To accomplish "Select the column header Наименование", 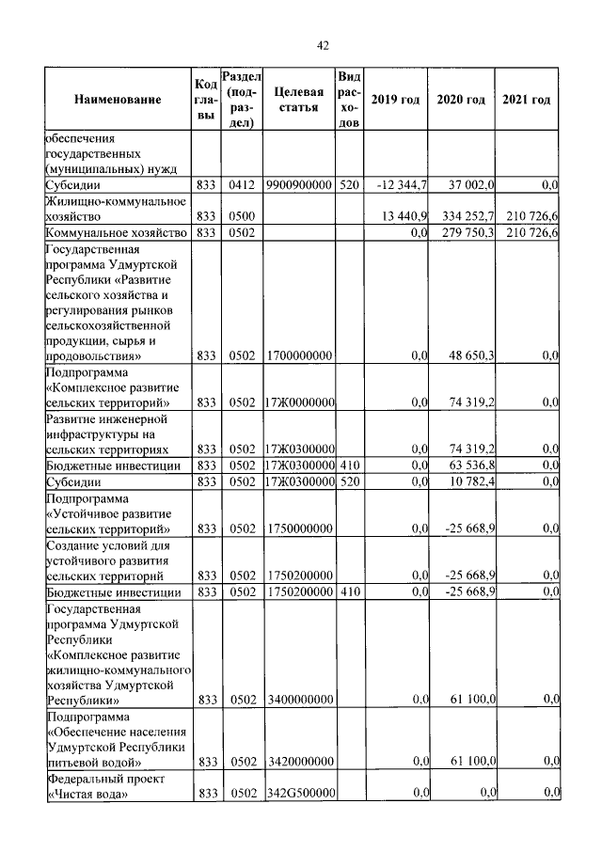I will (118, 100).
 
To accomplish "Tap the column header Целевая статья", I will (299, 100).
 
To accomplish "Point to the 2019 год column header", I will (395, 100).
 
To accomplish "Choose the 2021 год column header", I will (527, 100).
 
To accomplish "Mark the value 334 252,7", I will (462, 216).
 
